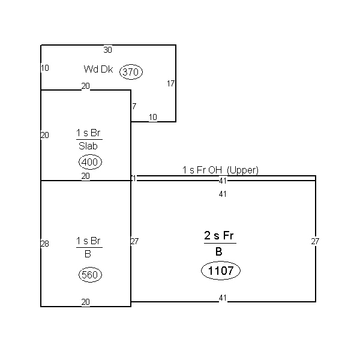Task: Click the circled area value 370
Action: click(x=131, y=72)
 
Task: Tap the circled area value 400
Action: click(x=90, y=162)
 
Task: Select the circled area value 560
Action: click(x=90, y=275)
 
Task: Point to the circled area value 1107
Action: click(x=221, y=271)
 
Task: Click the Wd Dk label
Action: click(x=98, y=69)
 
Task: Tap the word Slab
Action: click(x=88, y=146)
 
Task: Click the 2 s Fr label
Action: click(x=219, y=235)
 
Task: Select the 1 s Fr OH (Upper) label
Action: click(x=220, y=170)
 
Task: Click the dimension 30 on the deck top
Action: click(x=107, y=50)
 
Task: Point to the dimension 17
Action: click(x=170, y=83)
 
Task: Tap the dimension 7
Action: click(x=134, y=106)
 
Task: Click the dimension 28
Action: click(x=45, y=244)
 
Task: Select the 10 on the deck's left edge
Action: click(x=45, y=68)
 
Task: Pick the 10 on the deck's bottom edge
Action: click(x=153, y=118)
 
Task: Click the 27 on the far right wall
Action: click(x=315, y=241)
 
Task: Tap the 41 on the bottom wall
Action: click(x=223, y=298)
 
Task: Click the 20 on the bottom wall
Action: click(x=85, y=302)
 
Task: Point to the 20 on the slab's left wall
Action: click(x=45, y=135)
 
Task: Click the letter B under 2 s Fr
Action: click(x=219, y=251)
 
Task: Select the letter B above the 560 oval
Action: click(x=88, y=254)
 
